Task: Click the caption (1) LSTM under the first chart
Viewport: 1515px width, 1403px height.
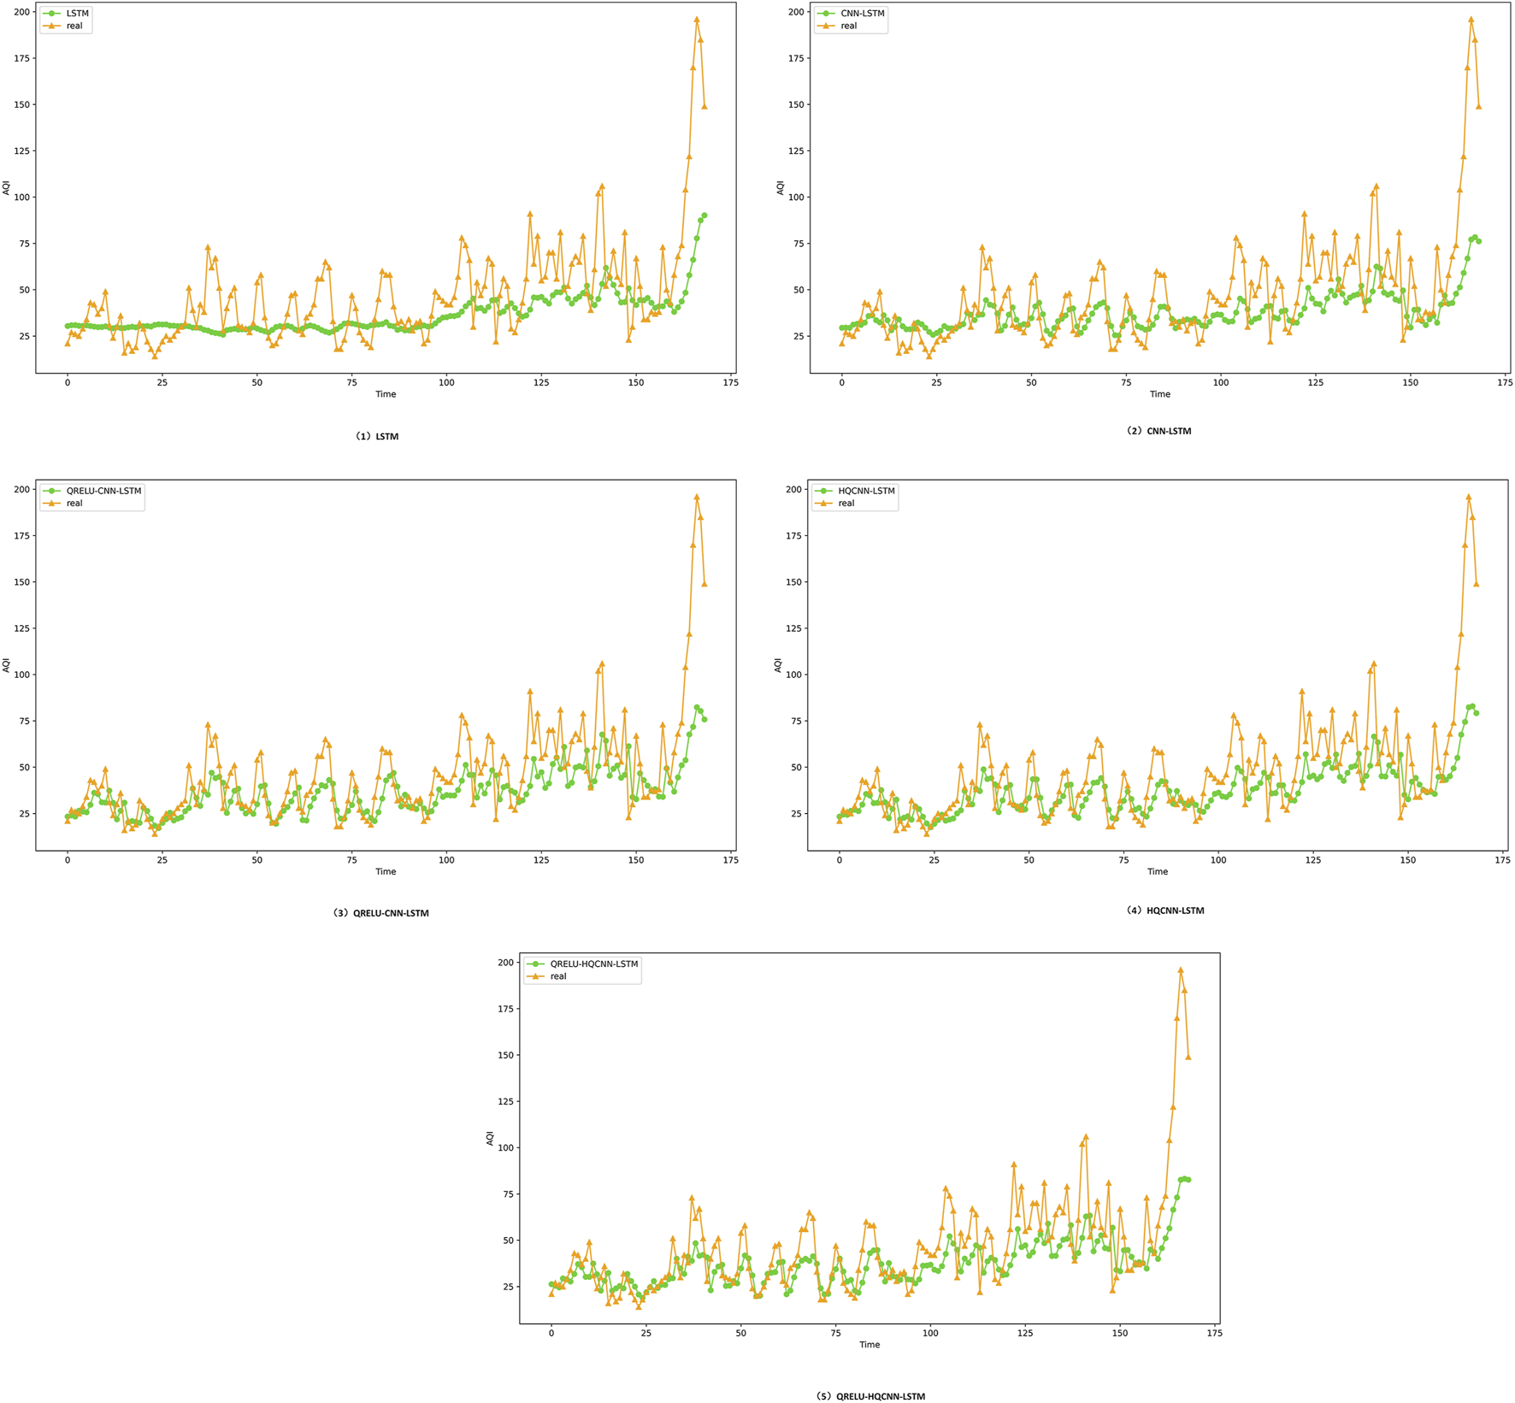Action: (377, 436)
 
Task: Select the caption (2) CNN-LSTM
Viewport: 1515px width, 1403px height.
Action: (1158, 431)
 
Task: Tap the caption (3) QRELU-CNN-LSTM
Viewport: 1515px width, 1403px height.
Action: (381, 913)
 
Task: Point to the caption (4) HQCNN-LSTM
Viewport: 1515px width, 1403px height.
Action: (1165, 911)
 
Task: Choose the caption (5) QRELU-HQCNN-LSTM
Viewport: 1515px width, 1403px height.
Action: (871, 1396)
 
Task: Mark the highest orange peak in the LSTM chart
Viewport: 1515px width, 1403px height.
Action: (697, 20)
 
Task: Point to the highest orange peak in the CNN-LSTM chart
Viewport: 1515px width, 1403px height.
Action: (1471, 20)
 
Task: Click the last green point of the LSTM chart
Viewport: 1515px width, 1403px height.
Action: (704, 216)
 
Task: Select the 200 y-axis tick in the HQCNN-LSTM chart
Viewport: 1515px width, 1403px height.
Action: (794, 490)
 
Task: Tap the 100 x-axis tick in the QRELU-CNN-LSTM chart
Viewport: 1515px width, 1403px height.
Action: (446, 860)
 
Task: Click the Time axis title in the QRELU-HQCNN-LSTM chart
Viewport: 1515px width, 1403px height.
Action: (870, 1345)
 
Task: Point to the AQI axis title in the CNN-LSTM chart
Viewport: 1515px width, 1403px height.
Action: (780, 187)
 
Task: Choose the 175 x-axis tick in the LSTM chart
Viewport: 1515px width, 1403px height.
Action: (730, 383)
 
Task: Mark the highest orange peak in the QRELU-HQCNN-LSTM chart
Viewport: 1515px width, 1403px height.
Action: (1181, 970)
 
